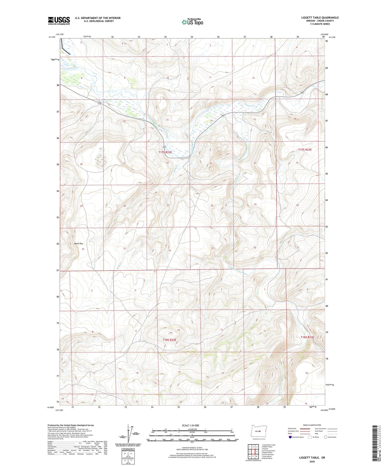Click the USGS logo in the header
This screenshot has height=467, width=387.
(59, 21)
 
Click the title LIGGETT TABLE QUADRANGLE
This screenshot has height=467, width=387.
(320, 18)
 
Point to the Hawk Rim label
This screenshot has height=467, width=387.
(78, 244)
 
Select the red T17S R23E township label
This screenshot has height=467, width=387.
(305, 150)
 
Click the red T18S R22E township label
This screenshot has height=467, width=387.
(169, 340)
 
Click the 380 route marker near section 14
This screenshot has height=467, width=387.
(223, 116)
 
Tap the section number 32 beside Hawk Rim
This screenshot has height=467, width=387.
(83, 249)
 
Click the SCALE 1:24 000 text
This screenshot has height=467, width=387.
(190, 425)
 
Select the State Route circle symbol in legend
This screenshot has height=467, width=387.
(326, 437)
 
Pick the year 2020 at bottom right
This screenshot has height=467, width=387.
(312, 461)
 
